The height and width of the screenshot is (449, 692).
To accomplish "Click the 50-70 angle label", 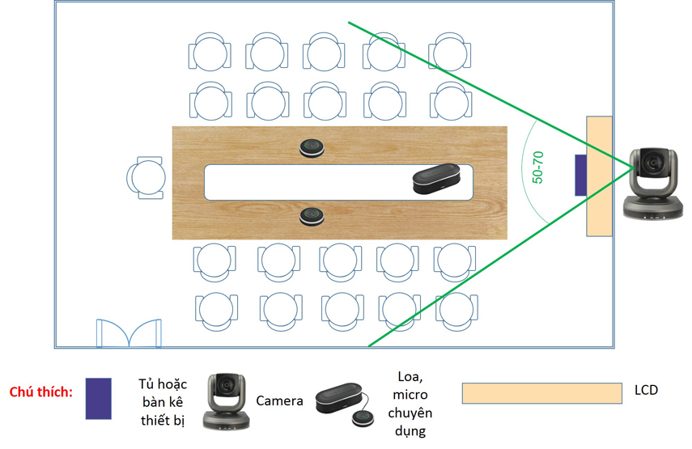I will tap(537, 166).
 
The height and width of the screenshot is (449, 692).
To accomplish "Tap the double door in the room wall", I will tap(128, 333).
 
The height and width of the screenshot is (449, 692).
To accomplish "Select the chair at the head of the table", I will tap(146, 177).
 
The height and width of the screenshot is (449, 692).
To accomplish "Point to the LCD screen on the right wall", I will tap(599, 176).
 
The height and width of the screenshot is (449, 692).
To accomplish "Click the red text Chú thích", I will tap(41, 392).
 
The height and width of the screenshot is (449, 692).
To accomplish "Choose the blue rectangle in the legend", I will tap(99, 399).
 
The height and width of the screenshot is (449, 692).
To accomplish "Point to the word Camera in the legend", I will tap(279, 400).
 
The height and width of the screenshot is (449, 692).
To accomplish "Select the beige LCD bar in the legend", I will tap(542, 393).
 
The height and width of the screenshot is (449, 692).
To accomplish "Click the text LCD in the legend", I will tap(646, 391).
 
